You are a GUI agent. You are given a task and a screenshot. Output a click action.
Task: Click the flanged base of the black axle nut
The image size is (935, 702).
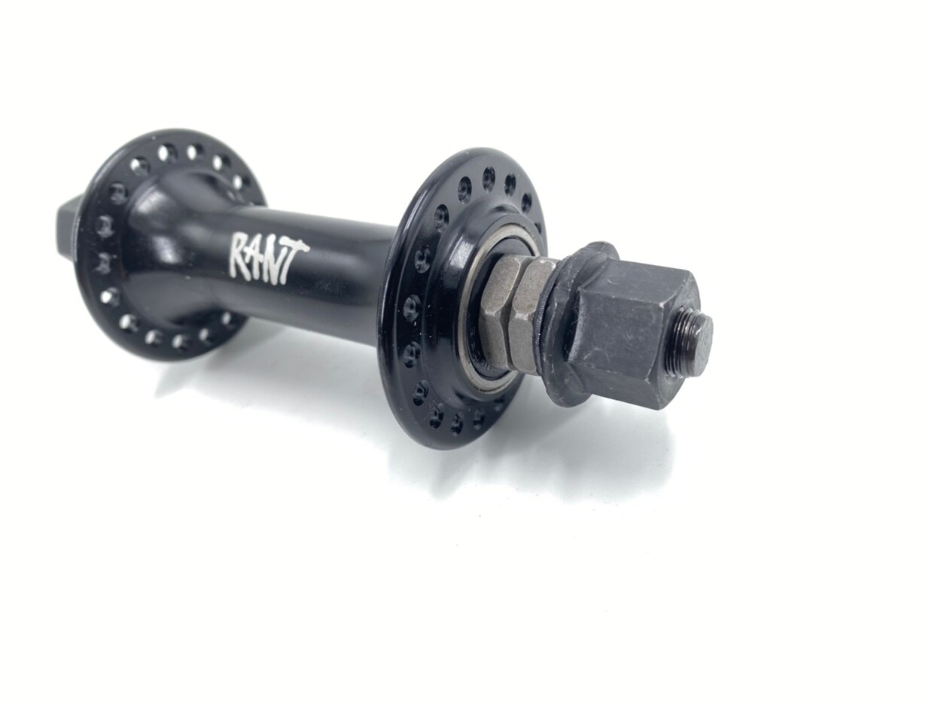tap(571, 324)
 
